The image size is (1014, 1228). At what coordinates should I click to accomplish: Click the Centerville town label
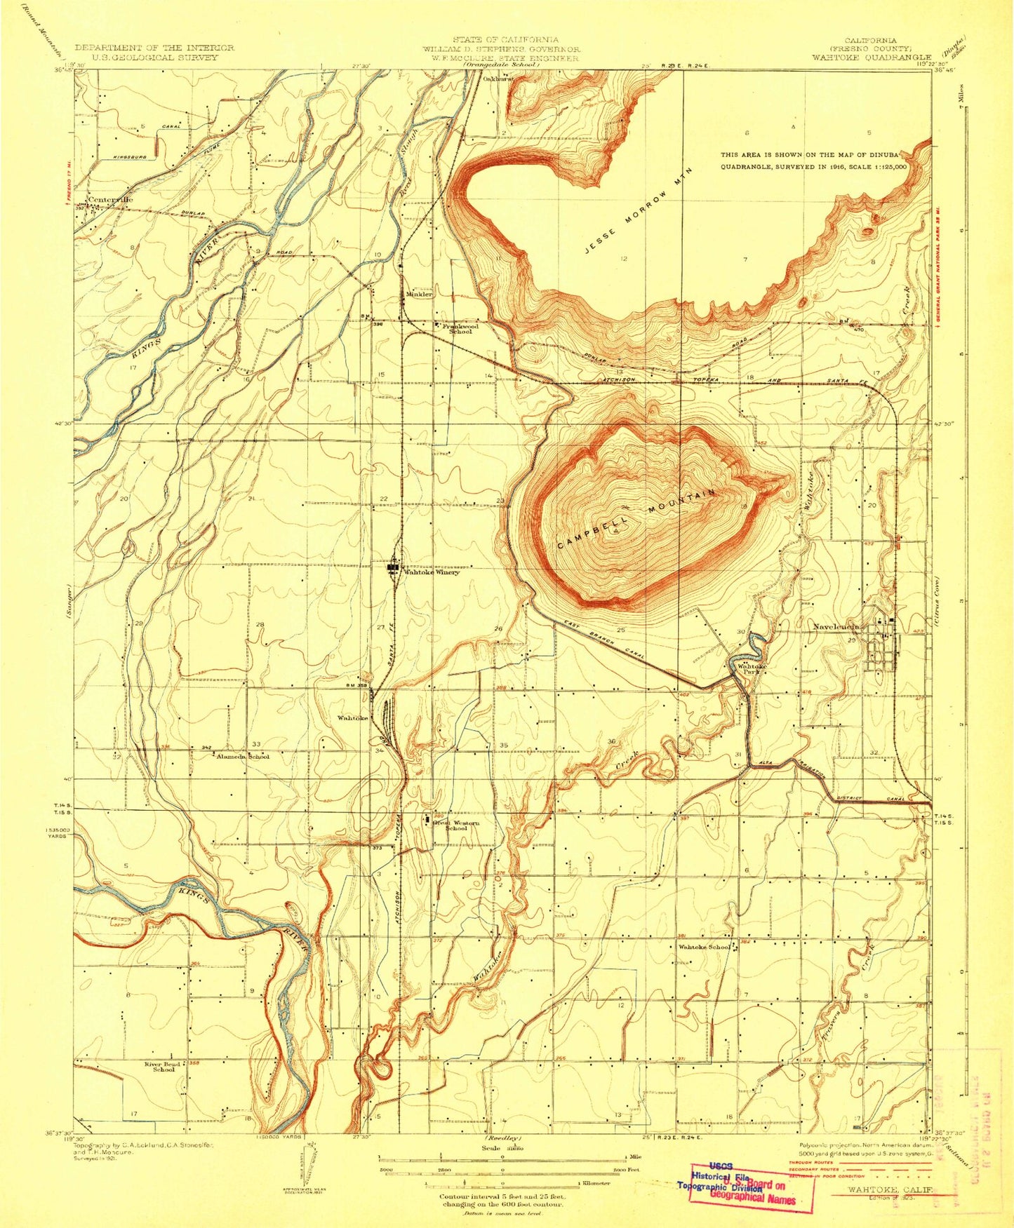click(x=110, y=200)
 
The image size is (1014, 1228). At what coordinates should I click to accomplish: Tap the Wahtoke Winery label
click(x=430, y=572)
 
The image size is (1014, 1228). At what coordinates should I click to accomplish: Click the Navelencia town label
click(x=836, y=626)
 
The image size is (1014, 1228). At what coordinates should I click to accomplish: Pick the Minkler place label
click(x=419, y=295)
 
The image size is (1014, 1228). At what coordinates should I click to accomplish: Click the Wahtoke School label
click(x=704, y=947)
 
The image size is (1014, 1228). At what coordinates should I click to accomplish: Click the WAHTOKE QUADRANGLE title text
click(x=871, y=58)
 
